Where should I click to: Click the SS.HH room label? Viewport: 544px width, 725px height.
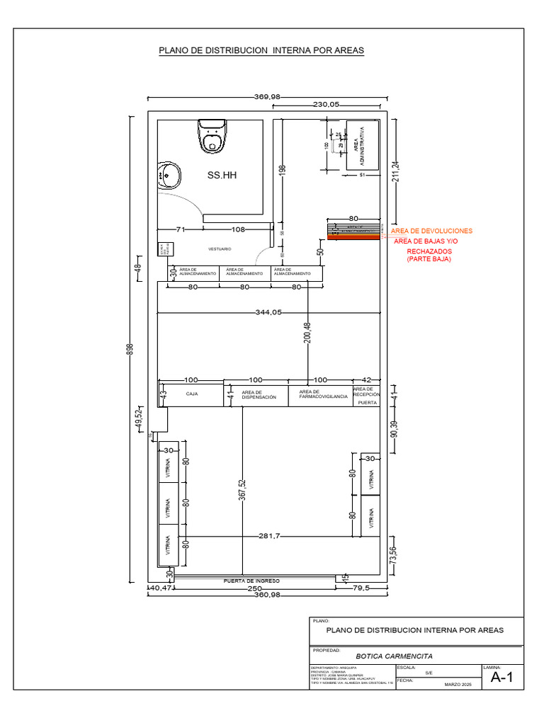click(x=221, y=175)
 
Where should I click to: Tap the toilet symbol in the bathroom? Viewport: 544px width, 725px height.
click(x=212, y=137)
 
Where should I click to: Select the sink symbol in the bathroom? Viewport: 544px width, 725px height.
click(x=169, y=173)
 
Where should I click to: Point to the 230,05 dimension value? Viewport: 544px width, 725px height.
click(x=327, y=104)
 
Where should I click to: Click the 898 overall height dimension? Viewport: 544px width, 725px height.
click(x=130, y=350)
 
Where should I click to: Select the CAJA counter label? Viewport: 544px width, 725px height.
click(x=192, y=394)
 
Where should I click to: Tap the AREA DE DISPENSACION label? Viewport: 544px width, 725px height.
click(x=259, y=395)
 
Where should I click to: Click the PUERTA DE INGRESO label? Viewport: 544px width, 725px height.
click(x=251, y=581)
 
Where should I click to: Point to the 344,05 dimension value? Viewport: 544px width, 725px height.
click(x=268, y=312)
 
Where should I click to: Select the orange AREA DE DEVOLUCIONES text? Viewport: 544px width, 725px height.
click(x=431, y=232)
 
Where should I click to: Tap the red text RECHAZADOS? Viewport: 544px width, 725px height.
click(x=429, y=251)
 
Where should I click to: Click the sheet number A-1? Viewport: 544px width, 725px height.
click(x=501, y=678)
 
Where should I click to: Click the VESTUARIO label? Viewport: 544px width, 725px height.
click(x=220, y=249)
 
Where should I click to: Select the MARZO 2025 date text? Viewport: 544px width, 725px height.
click(x=457, y=684)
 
